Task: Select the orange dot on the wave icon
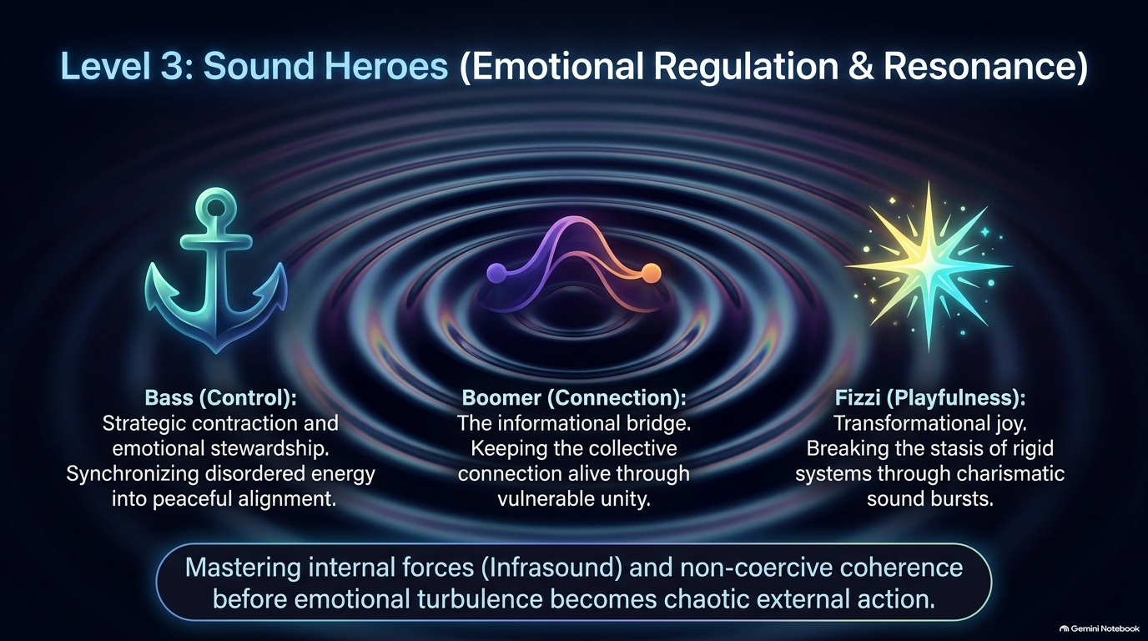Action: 651,272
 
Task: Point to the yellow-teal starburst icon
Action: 929,266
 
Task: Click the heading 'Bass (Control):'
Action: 221,398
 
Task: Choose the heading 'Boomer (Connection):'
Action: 574,398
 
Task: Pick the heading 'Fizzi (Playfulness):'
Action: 930,398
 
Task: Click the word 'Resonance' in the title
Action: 976,67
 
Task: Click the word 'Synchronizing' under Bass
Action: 133,473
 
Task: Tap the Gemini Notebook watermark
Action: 1099,628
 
